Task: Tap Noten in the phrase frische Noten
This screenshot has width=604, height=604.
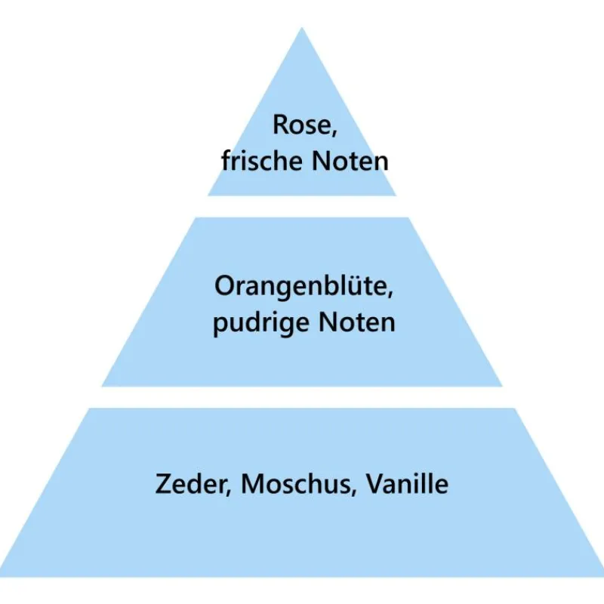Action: (x=349, y=161)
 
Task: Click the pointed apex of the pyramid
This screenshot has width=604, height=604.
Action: (x=302, y=30)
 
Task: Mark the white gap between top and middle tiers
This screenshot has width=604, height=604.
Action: (x=302, y=206)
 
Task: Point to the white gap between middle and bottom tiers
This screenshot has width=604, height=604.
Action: (x=302, y=397)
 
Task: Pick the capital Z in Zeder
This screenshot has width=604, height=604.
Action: (x=164, y=484)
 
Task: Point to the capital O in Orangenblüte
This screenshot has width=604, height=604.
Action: (x=223, y=287)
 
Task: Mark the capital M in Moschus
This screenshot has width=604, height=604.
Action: (x=253, y=484)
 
